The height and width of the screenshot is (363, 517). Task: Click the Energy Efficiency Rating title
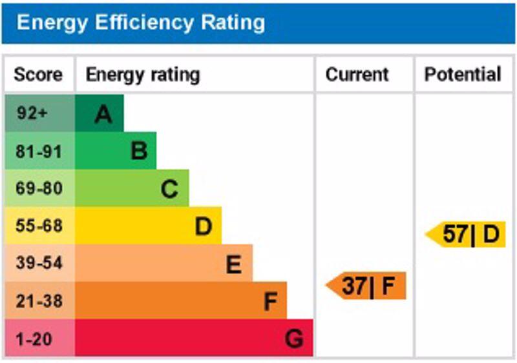(x=140, y=23)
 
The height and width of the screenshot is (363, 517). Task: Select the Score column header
(x=38, y=74)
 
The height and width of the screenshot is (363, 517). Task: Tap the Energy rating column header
(x=143, y=74)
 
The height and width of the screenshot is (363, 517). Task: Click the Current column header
(x=357, y=74)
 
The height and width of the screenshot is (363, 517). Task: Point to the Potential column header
(x=463, y=74)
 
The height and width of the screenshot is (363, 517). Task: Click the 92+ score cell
(x=32, y=113)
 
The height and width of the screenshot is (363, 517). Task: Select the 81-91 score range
(x=38, y=152)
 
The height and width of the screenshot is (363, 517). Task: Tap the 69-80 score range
(x=38, y=189)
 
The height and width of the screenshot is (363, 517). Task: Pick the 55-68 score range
(x=38, y=226)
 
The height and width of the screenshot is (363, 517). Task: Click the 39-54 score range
(x=38, y=264)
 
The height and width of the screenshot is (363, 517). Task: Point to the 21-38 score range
(x=38, y=301)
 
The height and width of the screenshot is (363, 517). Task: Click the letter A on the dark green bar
(x=103, y=114)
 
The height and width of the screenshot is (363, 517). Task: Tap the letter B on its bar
(x=139, y=152)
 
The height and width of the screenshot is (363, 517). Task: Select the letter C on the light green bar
(x=169, y=190)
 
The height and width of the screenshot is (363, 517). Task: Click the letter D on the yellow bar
(x=204, y=226)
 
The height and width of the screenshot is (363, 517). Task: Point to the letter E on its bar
(x=233, y=264)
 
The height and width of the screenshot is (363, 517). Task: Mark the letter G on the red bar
(x=294, y=338)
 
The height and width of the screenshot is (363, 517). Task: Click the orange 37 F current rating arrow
(x=367, y=286)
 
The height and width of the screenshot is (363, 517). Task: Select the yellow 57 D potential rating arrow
(x=466, y=234)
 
